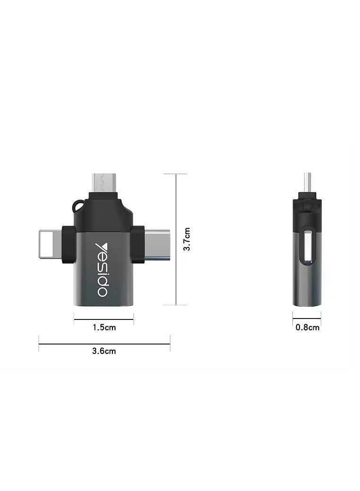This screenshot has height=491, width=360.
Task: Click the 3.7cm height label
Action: coord(188,239)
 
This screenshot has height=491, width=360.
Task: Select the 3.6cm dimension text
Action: coord(104,351)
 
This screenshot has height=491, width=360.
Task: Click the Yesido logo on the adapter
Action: coord(103,270)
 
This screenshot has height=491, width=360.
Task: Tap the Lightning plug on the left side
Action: coord(50,244)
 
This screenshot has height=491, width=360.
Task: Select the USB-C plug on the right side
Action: coord(156,244)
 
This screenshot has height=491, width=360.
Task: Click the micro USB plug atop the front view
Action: coord(103,183)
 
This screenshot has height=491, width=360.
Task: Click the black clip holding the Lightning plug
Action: coord(69,244)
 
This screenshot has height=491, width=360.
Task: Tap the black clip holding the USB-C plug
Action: coord(137,244)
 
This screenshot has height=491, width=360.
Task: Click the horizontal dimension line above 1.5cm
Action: coord(104,320)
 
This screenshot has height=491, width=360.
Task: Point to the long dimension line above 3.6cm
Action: coord(104,344)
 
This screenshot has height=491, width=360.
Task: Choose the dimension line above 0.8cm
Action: coord(307,319)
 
